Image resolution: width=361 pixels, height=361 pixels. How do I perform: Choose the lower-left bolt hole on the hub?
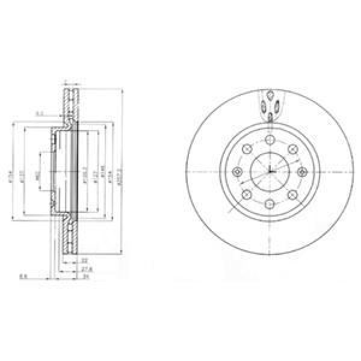[x=246, y=194]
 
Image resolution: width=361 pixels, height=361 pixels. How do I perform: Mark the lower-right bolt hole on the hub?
[x=292, y=194]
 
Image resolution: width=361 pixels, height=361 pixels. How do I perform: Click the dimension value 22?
[x=85, y=260]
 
